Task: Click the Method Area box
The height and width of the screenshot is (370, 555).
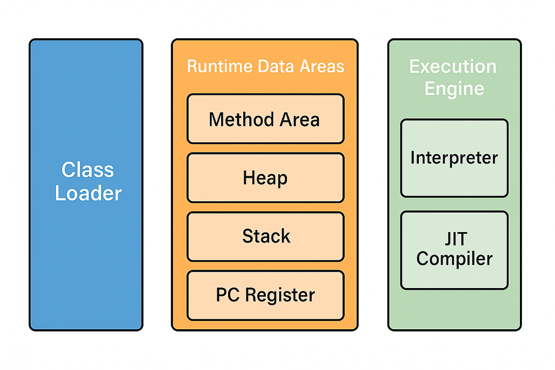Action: [266, 119]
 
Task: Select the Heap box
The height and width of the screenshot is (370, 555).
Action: [266, 178]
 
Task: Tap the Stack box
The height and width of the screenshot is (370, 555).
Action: [266, 236]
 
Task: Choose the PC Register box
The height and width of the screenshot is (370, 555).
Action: [266, 295]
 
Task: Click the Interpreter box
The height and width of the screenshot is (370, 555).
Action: [454, 158]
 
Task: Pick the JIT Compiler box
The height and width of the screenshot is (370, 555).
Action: [454, 250]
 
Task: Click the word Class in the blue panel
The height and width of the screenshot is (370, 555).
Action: [88, 170]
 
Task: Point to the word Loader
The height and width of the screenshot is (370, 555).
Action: [88, 193]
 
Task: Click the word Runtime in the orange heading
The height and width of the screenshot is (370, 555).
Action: [220, 66]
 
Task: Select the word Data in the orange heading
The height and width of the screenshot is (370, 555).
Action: [276, 66]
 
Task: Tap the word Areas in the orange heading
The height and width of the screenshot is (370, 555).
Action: [322, 66]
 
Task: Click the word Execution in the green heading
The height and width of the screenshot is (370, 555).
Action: [453, 66]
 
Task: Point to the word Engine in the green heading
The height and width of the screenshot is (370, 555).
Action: [454, 89]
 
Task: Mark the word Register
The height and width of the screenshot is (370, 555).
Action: [280, 295]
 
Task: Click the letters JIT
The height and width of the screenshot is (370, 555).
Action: [456, 239]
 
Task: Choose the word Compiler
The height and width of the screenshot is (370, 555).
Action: [454, 259]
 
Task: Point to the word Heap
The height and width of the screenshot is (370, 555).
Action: [265, 178]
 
